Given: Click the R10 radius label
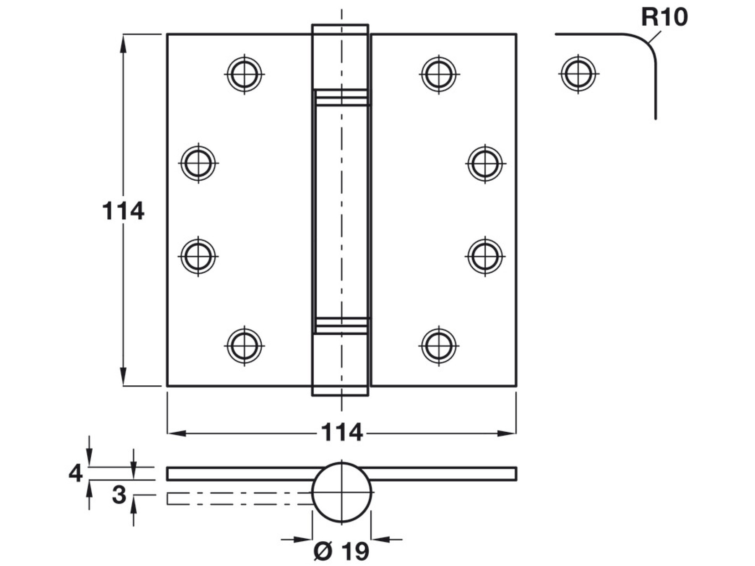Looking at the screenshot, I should click(664, 18).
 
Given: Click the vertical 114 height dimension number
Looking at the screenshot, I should click(123, 211).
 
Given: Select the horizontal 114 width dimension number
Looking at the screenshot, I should click(341, 432).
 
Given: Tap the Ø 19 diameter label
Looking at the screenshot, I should click(341, 551).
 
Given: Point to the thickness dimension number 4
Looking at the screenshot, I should click(75, 474).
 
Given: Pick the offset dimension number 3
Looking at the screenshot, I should click(119, 495).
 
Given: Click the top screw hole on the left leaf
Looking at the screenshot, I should click(245, 74).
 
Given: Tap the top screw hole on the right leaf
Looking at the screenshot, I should click(439, 74).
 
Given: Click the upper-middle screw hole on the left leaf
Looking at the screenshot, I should click(198, 163).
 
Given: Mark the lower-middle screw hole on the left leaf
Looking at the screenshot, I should click(198, 256).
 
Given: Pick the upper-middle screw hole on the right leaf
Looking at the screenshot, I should click(485, 163).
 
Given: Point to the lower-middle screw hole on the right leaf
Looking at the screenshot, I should click(485, 256).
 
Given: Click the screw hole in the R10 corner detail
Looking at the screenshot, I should click(578, 73).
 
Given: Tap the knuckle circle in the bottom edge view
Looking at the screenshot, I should click(341, 492).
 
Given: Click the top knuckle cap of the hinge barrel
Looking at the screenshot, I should click(340, 57).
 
